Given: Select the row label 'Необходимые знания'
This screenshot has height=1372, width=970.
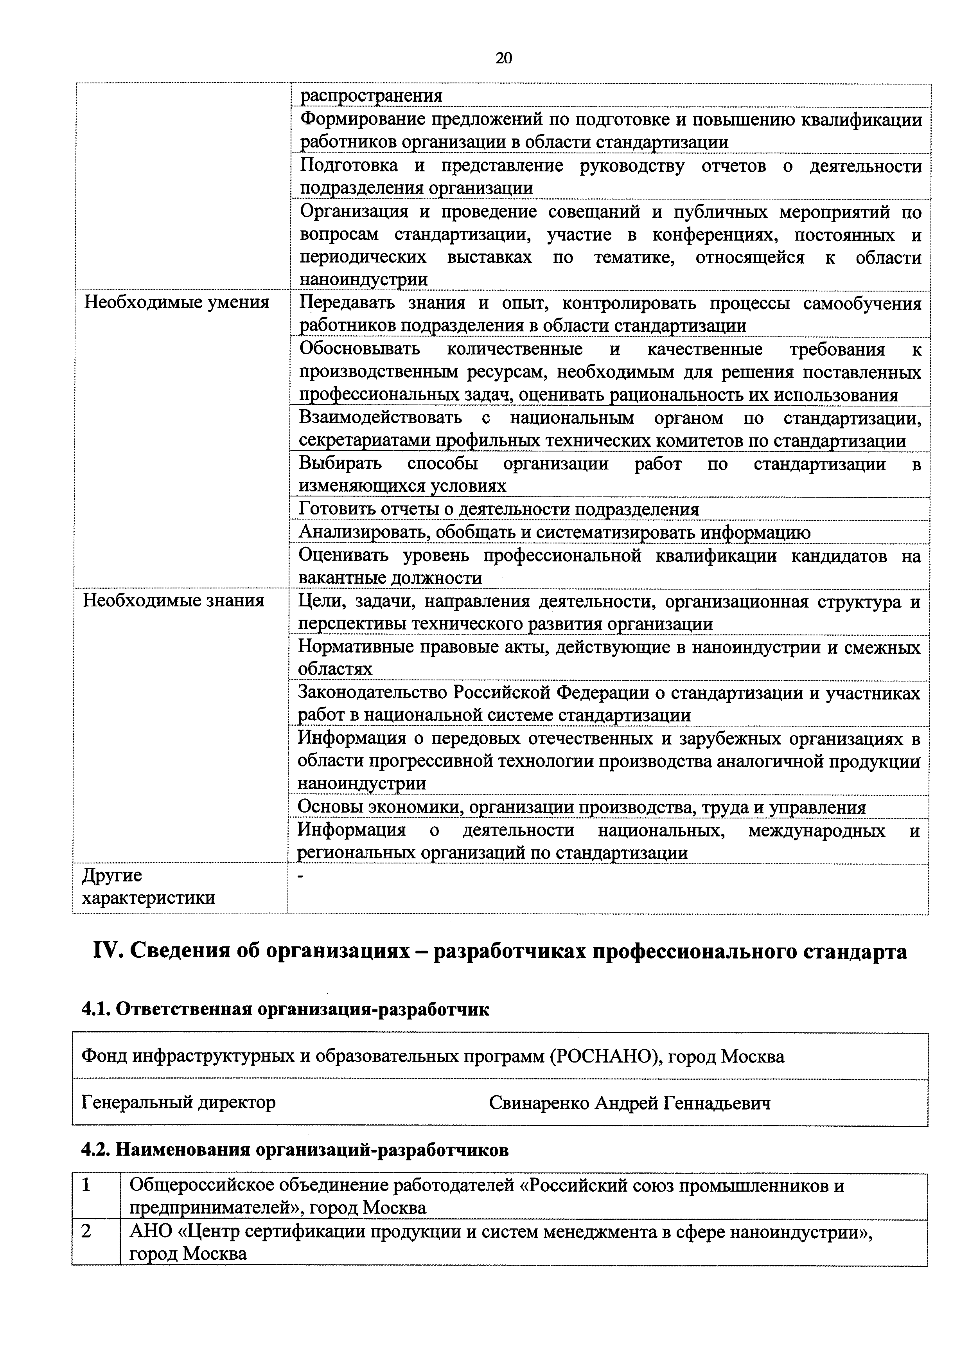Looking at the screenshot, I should click(x=173, y=600).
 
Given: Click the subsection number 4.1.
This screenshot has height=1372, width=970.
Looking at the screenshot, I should click(x=95, y=1009).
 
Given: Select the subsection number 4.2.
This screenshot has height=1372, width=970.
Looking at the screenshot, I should click(x=95, y=1150).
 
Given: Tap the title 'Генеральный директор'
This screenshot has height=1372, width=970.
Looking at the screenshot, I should click(x=179, y=1102).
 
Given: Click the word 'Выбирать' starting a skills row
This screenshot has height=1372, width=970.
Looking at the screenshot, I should click(x=340, y=463).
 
